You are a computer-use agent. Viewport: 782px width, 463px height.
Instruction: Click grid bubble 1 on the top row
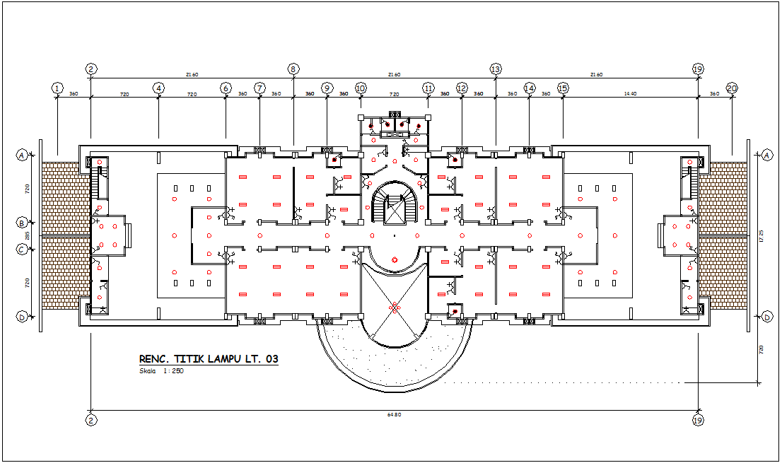pyautogui.click(x=57, y=88)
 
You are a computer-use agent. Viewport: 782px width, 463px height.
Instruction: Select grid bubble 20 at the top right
pyautogui.click(x=732, y=88)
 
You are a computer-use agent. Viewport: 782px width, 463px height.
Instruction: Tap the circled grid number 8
pyautogui.click(x=293, y=69)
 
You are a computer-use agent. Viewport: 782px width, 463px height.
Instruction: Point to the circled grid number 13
pyautogui.click(x=496, y=69)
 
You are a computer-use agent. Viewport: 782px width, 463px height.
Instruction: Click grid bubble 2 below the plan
pyautogui.click(x=91, y=420)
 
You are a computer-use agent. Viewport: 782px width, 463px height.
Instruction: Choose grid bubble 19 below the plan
pyautogui.click(x=698, y=420)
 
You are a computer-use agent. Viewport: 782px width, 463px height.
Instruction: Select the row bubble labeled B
pyautogui.click(x=23, y=223)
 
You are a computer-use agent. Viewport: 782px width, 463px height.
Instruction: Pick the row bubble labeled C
pyautogui.click(x=23, y=249)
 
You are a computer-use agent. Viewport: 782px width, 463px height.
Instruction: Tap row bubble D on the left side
pyautogui.click(x=23, y=317)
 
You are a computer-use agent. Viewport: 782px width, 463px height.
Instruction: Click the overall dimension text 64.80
pyautogui.click(x=394, y=414)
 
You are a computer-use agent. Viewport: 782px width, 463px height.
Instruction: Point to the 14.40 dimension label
pyautogui.click(x=630, y=93)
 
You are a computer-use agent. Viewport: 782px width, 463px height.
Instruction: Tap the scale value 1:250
pyautogui.click(x=173, y=371)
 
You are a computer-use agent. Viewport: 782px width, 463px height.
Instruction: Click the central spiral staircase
pyautogui.click(x=395, y=204)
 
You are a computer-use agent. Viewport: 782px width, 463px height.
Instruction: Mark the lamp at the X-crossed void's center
pyautogui.click(x=394, y=307)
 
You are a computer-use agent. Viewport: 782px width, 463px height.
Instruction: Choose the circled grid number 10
pyautogui.click(x=361, y=88)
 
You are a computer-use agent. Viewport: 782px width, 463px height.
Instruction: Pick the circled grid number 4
pyautogui.click(x=158, y=88)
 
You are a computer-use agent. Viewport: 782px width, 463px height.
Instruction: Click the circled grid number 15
pyautogui.click(x=563, y=88)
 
